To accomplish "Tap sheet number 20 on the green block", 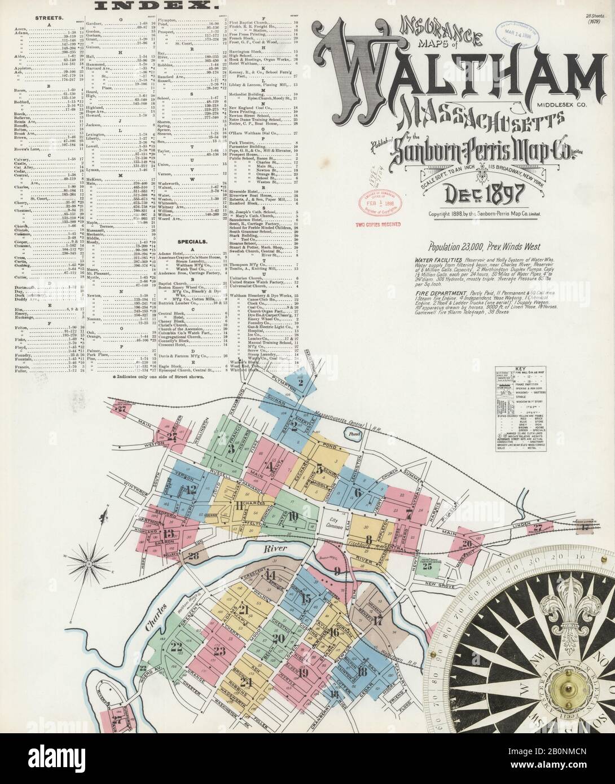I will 278,638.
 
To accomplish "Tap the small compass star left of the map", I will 89,562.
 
